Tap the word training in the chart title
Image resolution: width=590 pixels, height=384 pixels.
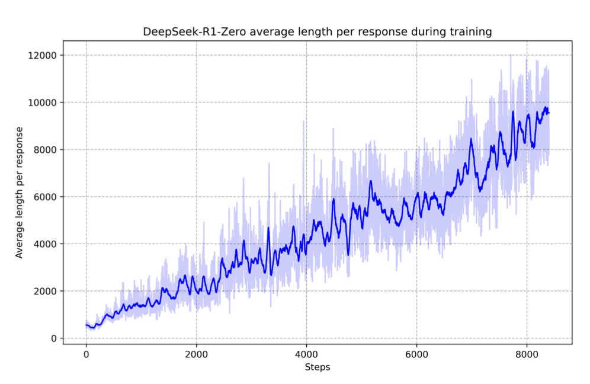click(x=472, y=32)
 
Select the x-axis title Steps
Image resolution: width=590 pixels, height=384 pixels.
click(x=318, y=367)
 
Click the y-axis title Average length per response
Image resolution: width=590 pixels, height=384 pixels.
click(x=20, y=192)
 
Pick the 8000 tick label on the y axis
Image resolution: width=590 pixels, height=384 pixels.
click(x=47, y=149)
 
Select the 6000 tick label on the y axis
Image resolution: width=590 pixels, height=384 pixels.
click(x=47, y=197)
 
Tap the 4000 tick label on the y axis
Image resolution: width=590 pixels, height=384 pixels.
click(x=47, y=244)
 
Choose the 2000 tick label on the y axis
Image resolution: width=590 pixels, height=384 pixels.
click(x=47, y=291)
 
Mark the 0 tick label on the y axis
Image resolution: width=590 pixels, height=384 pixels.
click(x=54, y=338)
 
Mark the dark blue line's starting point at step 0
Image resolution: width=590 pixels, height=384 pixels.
click(x=86, y=325)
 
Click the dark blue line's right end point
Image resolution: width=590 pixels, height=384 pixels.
click(x=549, y=113)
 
